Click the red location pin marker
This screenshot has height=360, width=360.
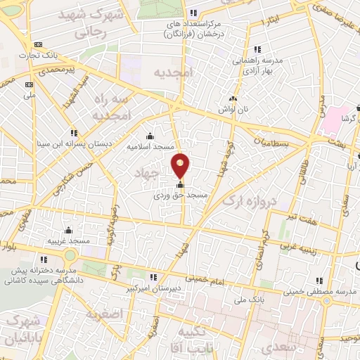pyautogui.click(x=181, y=165)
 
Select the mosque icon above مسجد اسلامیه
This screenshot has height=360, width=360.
pyautogui.click(x=150, y=136)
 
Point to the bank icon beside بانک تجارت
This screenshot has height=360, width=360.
pyautogui.click(x=37, y=45)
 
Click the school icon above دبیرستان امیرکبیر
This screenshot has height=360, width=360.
pyautogui.click(x=155, y=277)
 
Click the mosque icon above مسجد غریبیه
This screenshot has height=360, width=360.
pyautogui.click(x=68, y=231)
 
